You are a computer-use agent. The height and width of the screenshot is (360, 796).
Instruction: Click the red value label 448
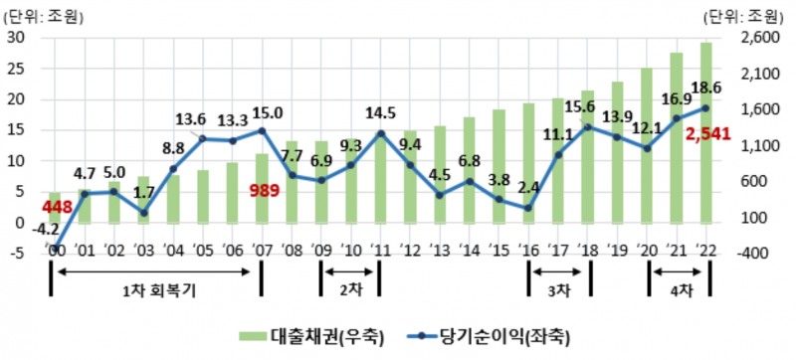tap(57, 206)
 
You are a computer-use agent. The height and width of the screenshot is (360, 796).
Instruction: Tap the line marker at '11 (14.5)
tap(380, 133)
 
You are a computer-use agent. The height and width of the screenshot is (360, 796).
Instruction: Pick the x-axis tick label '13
tap(439, 251)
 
